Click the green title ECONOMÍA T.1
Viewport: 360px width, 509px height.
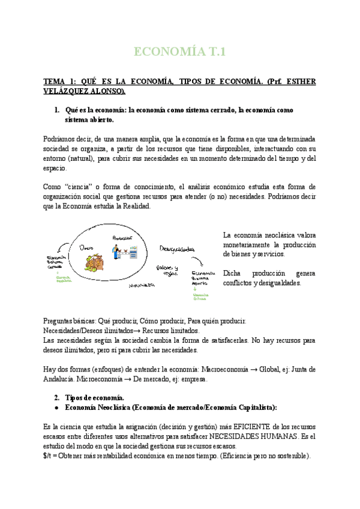[x=179, y=52]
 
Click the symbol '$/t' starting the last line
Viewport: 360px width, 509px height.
[x=48, y=456]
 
